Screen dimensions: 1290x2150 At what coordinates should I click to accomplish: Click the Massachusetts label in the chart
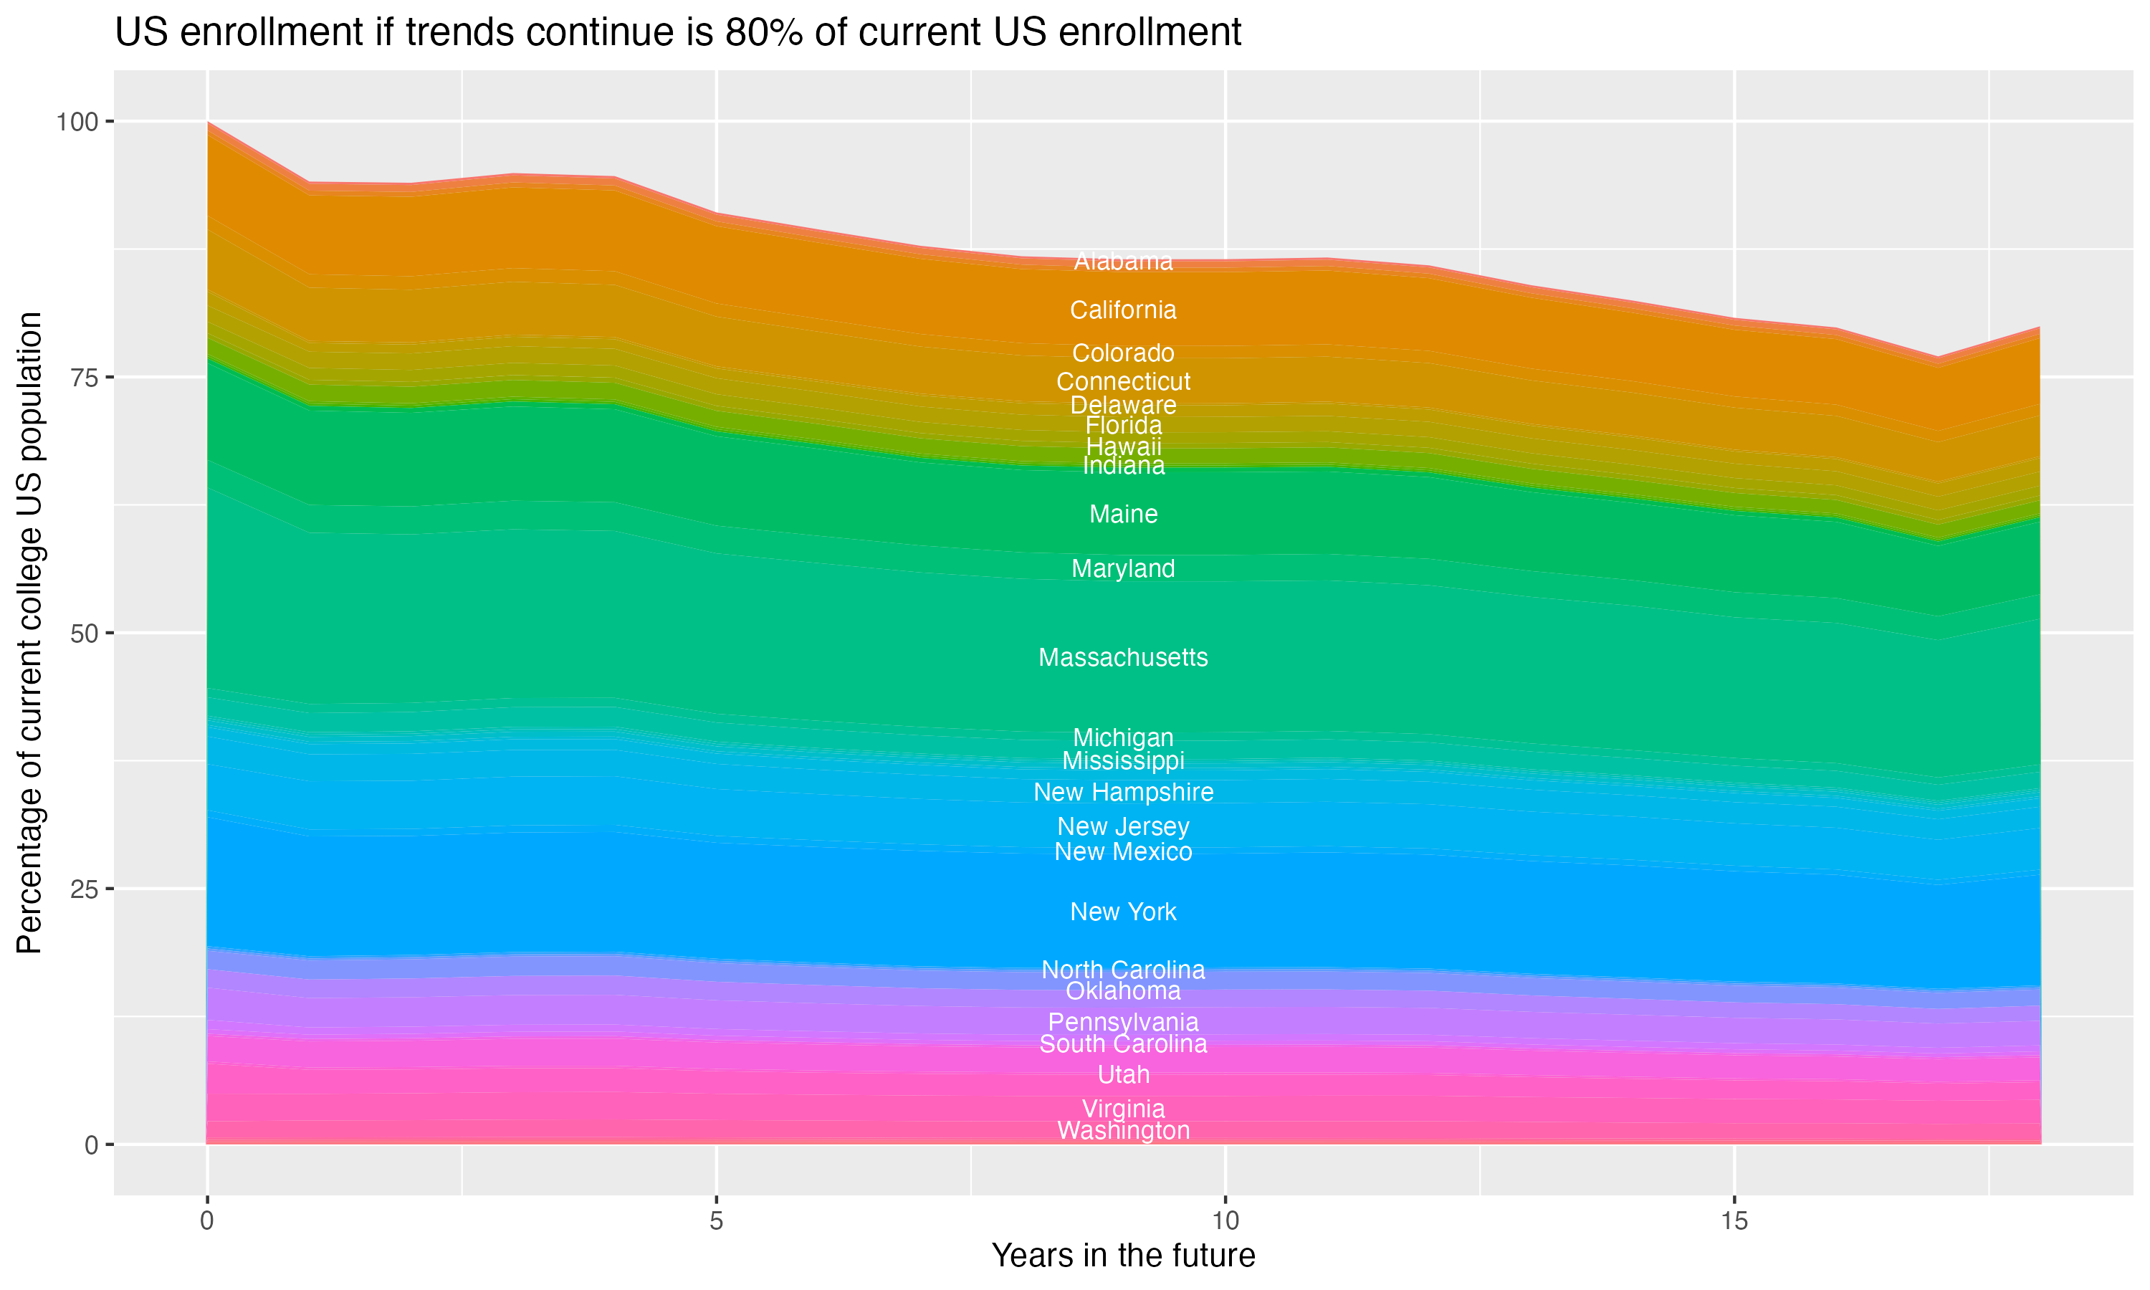pos(1123,657)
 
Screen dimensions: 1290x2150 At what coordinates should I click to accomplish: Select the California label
pos(1123,310)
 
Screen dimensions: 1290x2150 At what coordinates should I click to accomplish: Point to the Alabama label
pos(1123,261)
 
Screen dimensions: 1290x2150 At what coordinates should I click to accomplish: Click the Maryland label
pos(1123,568)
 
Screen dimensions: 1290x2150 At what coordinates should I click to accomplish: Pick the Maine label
pos(1123,514)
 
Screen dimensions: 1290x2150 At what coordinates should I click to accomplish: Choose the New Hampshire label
pos(1123,792)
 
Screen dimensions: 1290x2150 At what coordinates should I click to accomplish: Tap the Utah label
pos(1123,1074)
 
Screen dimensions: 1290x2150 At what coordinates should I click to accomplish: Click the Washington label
pos(1123,1130)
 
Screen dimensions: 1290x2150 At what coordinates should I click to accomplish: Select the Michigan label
pos(1123,737)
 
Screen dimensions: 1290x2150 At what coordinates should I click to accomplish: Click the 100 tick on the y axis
pos(77,122)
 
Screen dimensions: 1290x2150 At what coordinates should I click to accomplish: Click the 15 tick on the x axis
pos(1734,1221)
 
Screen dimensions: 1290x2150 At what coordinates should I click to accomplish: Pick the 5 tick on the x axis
pos(716,1221)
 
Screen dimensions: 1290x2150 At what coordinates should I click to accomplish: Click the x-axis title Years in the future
pos(1123,1256)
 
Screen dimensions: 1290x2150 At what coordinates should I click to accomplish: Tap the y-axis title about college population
pos(29,633)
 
